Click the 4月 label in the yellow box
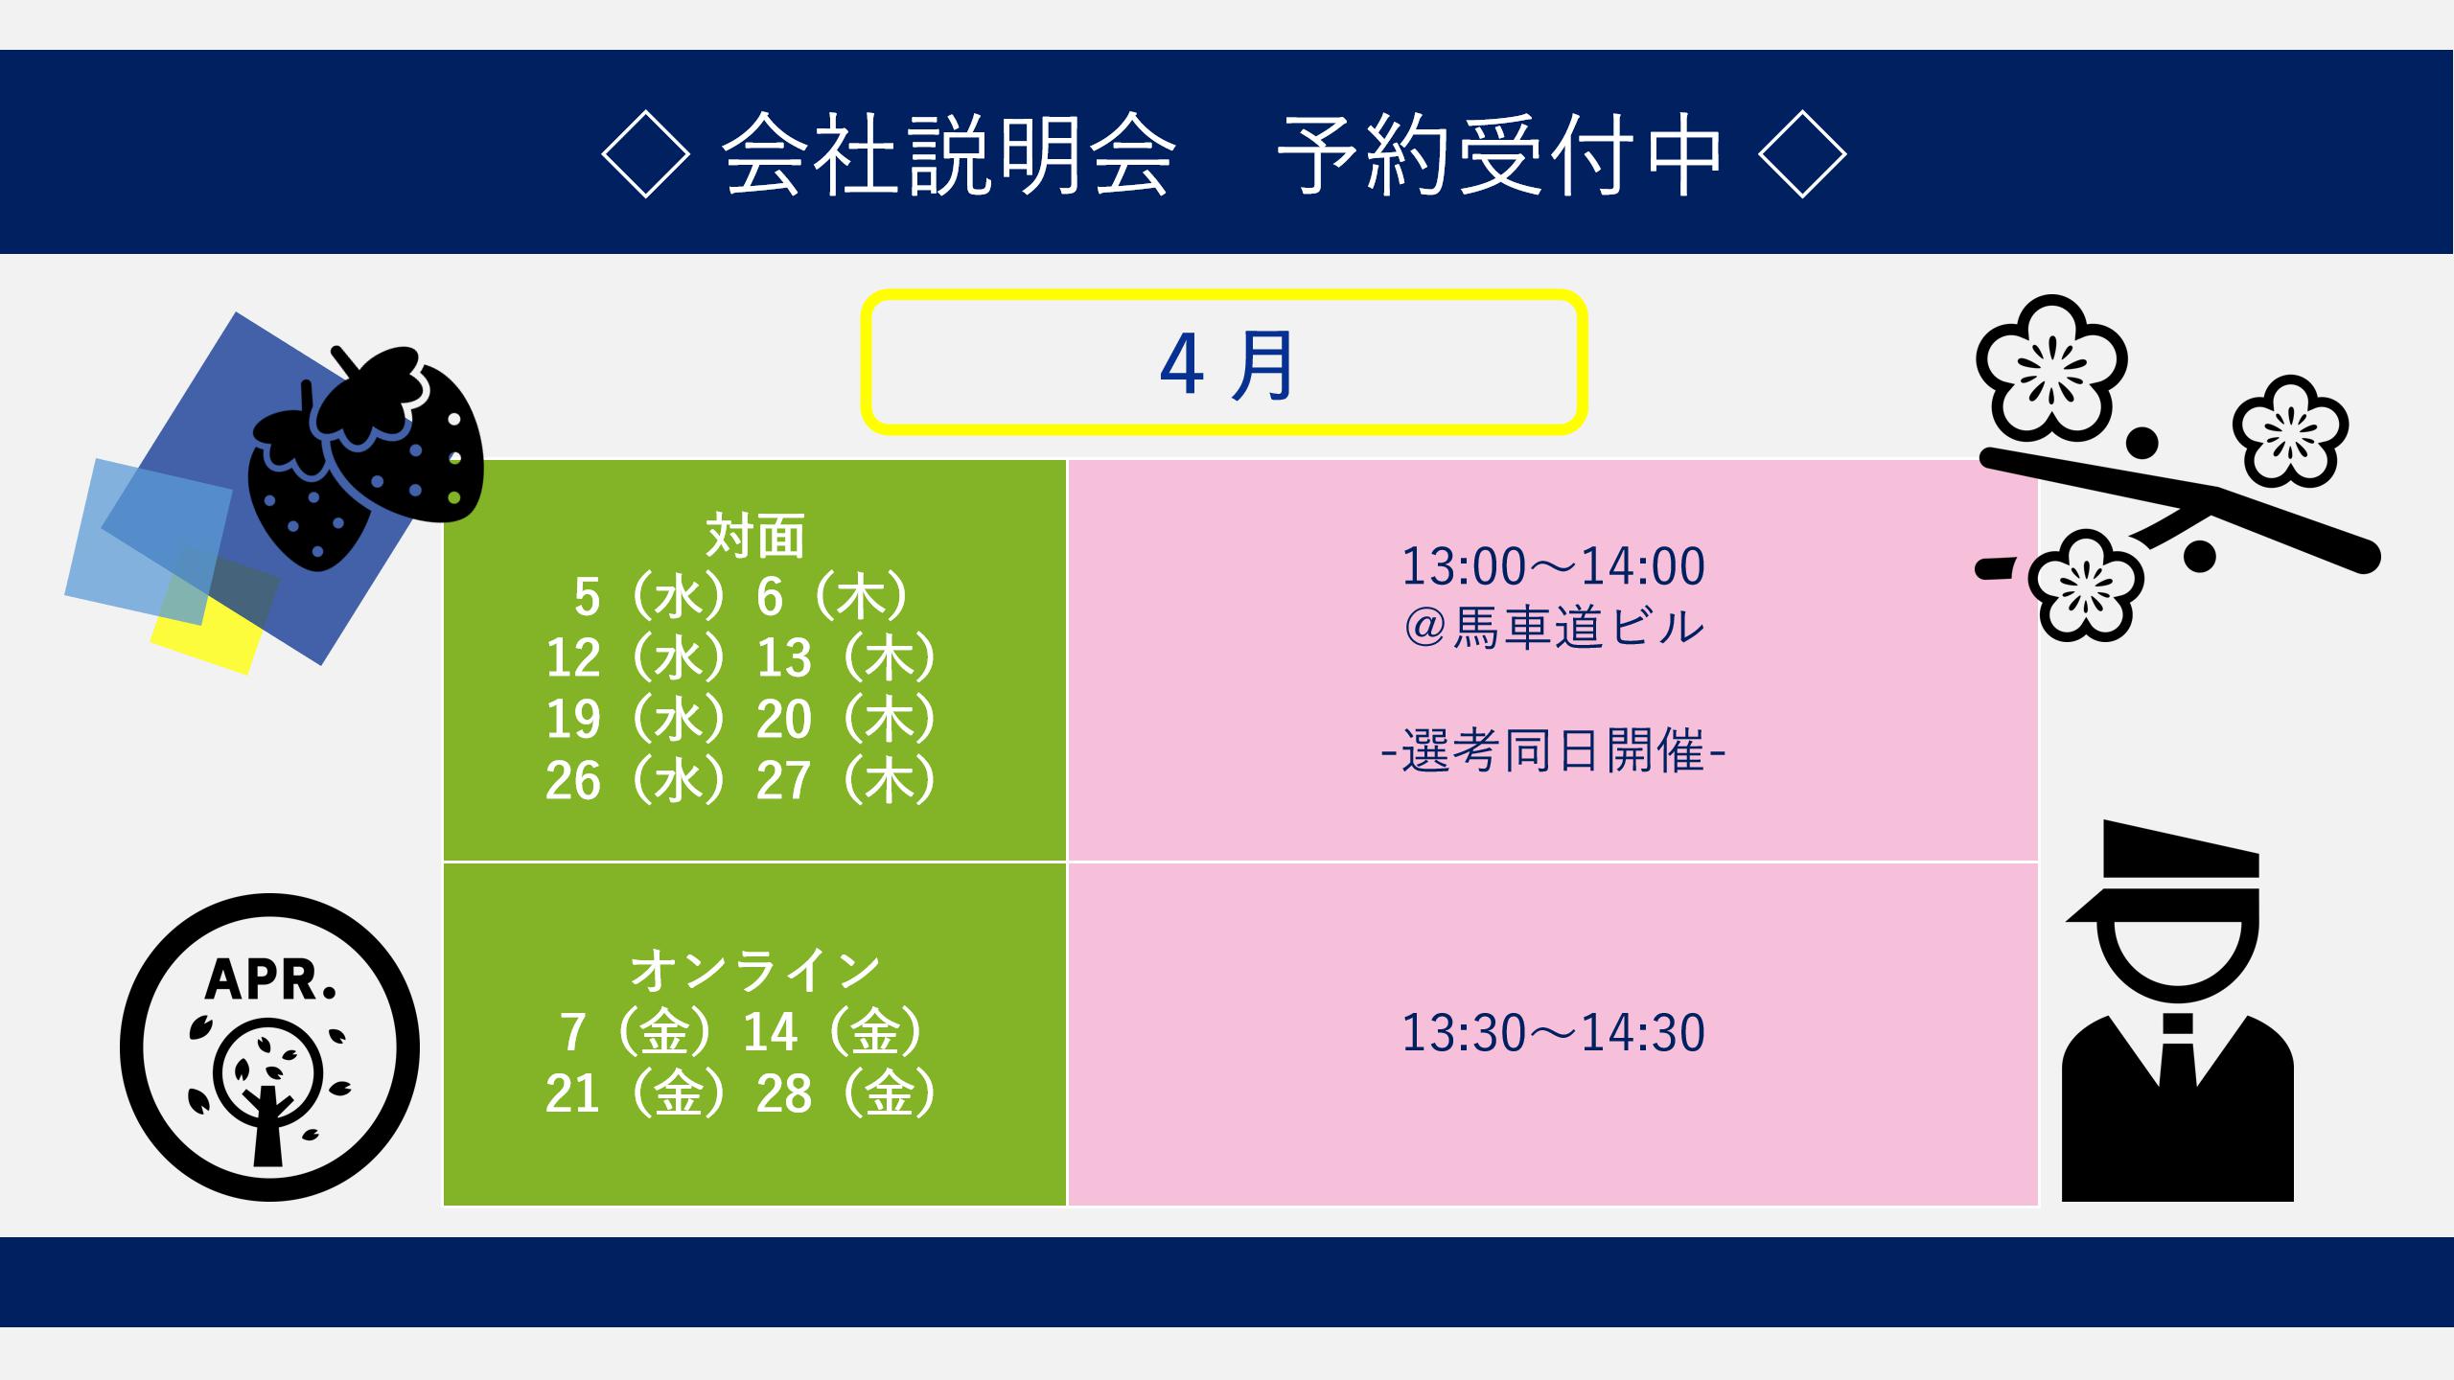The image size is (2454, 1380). point(1226,364)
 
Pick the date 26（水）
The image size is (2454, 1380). point(638,780)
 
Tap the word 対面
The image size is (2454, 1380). point(754,536)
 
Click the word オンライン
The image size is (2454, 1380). point(754,970)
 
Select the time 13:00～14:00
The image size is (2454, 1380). point(1553,565)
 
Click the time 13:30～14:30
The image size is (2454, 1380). point(1553,1032)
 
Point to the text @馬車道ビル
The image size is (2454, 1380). point(1553,628)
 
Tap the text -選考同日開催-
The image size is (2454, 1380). point(1553,750)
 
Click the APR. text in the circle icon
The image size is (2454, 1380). point(270,979)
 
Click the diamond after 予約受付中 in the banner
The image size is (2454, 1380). point(1803,153)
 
